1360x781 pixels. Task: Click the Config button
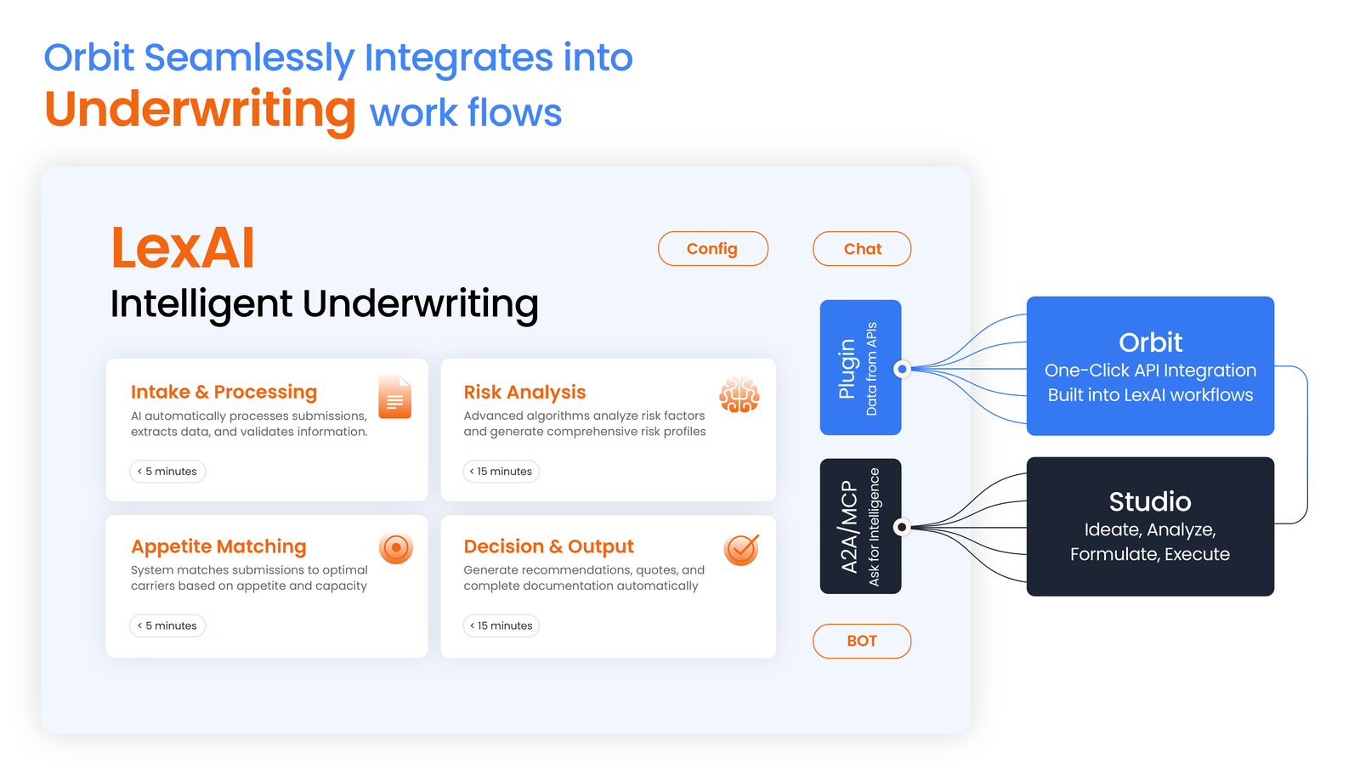coord(712,249)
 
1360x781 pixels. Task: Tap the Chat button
coord(862,249)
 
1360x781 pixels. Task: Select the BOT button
coord(862,641)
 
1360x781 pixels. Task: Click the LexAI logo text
coord(183,248)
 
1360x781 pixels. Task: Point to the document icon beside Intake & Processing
coord(395,398)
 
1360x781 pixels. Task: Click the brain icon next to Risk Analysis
coord(739,395)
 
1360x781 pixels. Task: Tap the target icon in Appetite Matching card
coord(396,548)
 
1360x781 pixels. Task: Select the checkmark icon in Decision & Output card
coord(741,549)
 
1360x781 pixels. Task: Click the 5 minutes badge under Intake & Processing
coord(167,472)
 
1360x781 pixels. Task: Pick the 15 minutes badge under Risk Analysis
coord(501,472)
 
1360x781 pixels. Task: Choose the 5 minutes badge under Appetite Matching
coord(167,625)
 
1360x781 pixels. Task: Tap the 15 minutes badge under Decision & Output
coord(501,625)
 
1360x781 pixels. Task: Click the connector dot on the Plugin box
coord(902,369)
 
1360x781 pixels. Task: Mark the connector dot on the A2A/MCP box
coord(902,527)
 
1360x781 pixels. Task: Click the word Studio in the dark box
coord(1150,501)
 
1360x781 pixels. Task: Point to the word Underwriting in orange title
coord(200,110)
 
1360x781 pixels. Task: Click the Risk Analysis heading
coord(524,392)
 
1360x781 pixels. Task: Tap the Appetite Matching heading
coord(218,546)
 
